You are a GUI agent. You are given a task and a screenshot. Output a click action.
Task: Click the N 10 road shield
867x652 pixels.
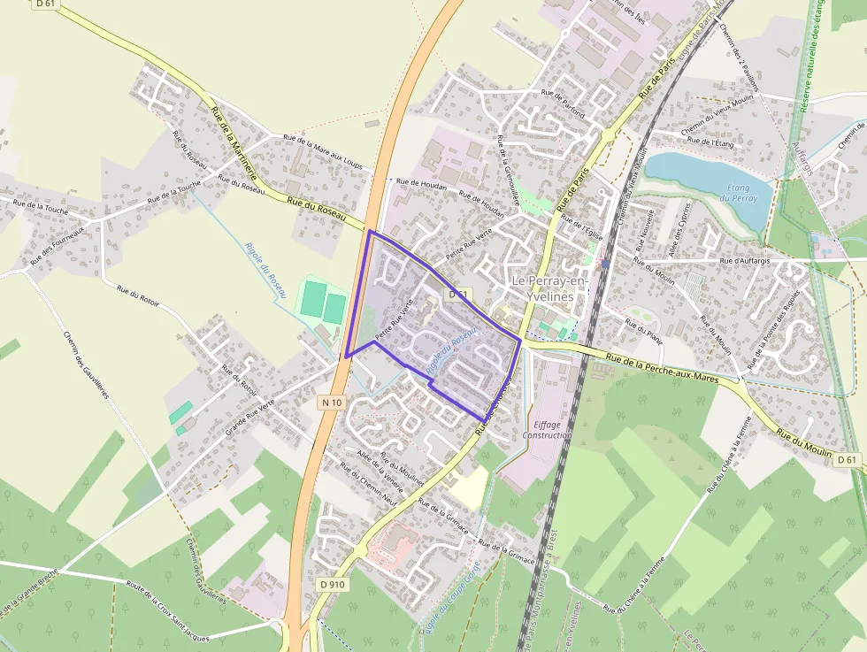[331, 402]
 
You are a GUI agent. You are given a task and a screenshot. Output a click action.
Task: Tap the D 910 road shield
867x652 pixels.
[333, 584]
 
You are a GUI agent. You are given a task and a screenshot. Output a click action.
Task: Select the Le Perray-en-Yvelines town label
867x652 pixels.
[550, 288]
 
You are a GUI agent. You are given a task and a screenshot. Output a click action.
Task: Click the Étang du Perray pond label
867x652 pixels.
[738, 193]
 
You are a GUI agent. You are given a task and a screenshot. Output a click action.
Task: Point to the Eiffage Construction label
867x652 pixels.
[548, 429]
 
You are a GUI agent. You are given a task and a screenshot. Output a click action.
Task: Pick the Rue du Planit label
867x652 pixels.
[643, 328]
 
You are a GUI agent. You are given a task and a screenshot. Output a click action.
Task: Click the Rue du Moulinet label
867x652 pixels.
[403, 470]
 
